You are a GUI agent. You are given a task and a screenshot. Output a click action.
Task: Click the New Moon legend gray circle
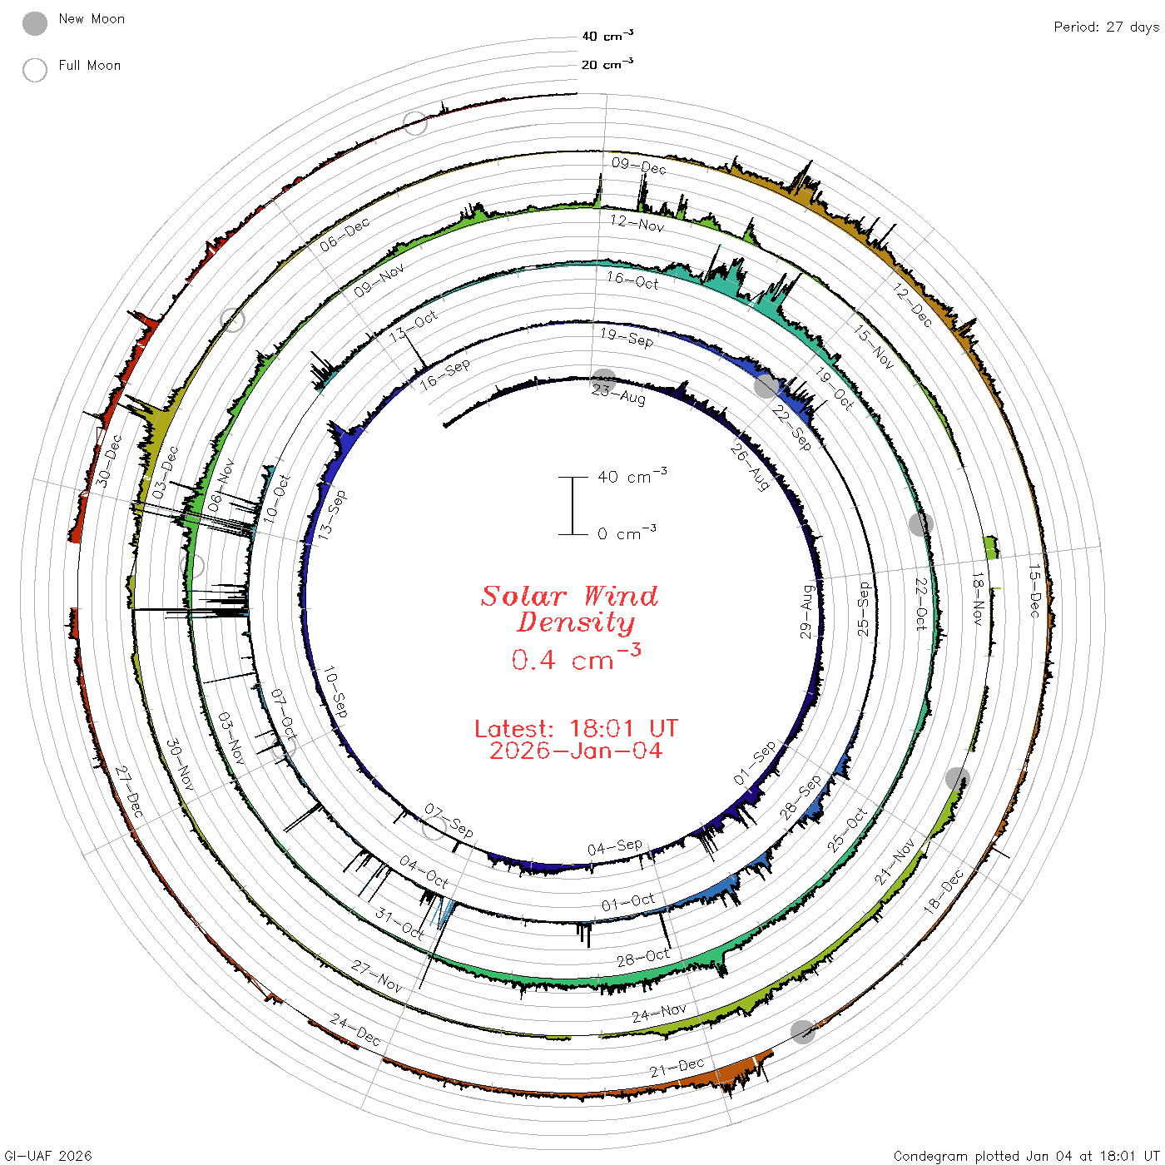(x=34, y=23)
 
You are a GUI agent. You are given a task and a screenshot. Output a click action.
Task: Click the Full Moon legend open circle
(x=34, y=70)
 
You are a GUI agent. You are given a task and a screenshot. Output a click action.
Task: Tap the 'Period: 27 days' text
(x=1106, y=27)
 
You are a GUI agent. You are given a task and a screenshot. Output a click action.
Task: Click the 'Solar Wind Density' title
(x=569, y=609)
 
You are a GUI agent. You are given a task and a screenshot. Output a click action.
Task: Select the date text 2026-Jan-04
(x=576, y=751)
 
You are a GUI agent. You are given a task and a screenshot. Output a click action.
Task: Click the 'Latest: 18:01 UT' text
(x=576, y=728)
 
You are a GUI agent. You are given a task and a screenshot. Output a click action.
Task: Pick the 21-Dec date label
(x=677, y=1068)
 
